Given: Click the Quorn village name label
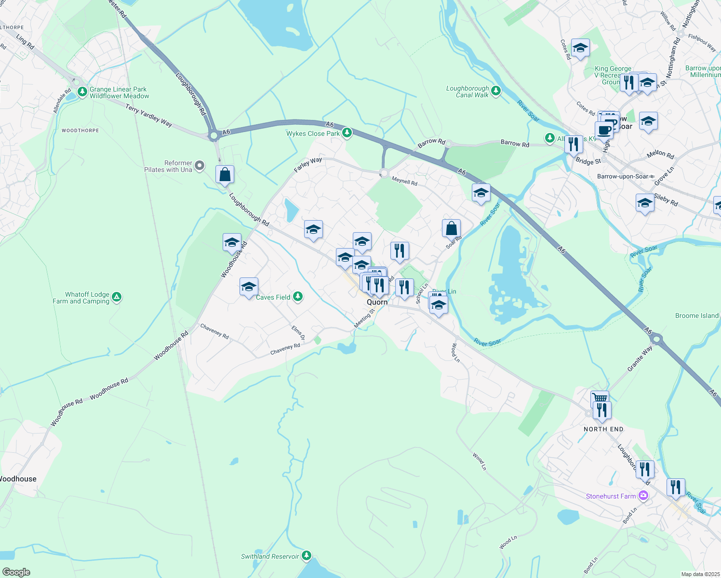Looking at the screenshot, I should pyautogui.click(x=377, y=302).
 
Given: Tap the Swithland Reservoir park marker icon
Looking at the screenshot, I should pyautogui.click(x=307, y=556).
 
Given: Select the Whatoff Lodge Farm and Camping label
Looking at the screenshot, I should pyautogui.click(x=81, y=298).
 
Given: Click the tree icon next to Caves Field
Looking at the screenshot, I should pyautogui.click(x=298, y=296).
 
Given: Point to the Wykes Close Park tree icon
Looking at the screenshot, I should pyautogui.click(x=347, y=133).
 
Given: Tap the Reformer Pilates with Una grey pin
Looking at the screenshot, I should pyautogui.click(x=200, y=166).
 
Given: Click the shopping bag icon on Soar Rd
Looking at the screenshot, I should pyautogui.click(x=451, y=228).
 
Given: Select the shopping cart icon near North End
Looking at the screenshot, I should pyautogui.click(x=599, y=398).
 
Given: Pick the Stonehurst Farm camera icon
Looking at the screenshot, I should pyautogui.click(x=642, y=495).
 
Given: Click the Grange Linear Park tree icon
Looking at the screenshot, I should pyautogui.click(x=82, y=91).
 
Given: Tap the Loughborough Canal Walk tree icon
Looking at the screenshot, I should pyautogui.click(x=495, y=91).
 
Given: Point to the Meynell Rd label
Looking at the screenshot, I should pyautogui.click(x=404, y=181).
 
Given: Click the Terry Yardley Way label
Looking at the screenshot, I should pyautogui.click(x=148, y=116).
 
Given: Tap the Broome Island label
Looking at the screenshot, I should pyautogui.click(x=696, y=315).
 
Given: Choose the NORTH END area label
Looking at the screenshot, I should pyautogui.click(x=603, y=429).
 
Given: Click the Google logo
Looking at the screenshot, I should pyautogui.click(x=16, y=572).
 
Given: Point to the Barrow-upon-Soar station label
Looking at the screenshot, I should pyautogui.click(x=622, y=176).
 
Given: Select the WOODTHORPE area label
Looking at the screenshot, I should pyautogui.click(x=80, y=131).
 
